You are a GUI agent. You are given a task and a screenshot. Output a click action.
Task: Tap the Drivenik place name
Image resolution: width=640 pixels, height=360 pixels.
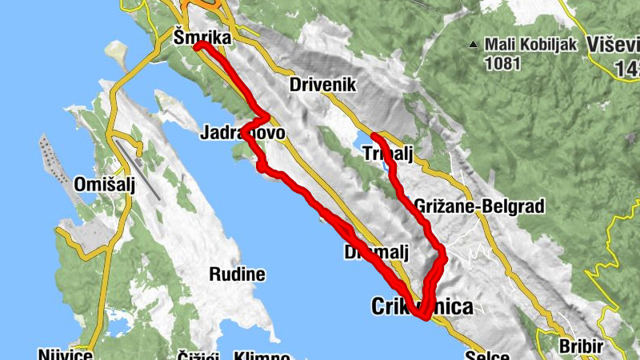click(322, 85)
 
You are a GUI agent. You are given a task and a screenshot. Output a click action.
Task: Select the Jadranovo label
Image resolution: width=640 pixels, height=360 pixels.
click(242, 133)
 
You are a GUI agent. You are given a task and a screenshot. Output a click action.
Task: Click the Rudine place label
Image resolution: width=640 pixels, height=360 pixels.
click(237, 274)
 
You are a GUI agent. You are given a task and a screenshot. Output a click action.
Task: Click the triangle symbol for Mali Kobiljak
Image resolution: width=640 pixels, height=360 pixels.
click(474, 43)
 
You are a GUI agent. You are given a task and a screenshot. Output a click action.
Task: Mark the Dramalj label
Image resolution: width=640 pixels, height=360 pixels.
click(375, 253)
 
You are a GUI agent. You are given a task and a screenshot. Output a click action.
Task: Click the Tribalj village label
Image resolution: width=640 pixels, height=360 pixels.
click(387, 154)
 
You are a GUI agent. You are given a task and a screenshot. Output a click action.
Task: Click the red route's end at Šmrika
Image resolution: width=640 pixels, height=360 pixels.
click(198, 46)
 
